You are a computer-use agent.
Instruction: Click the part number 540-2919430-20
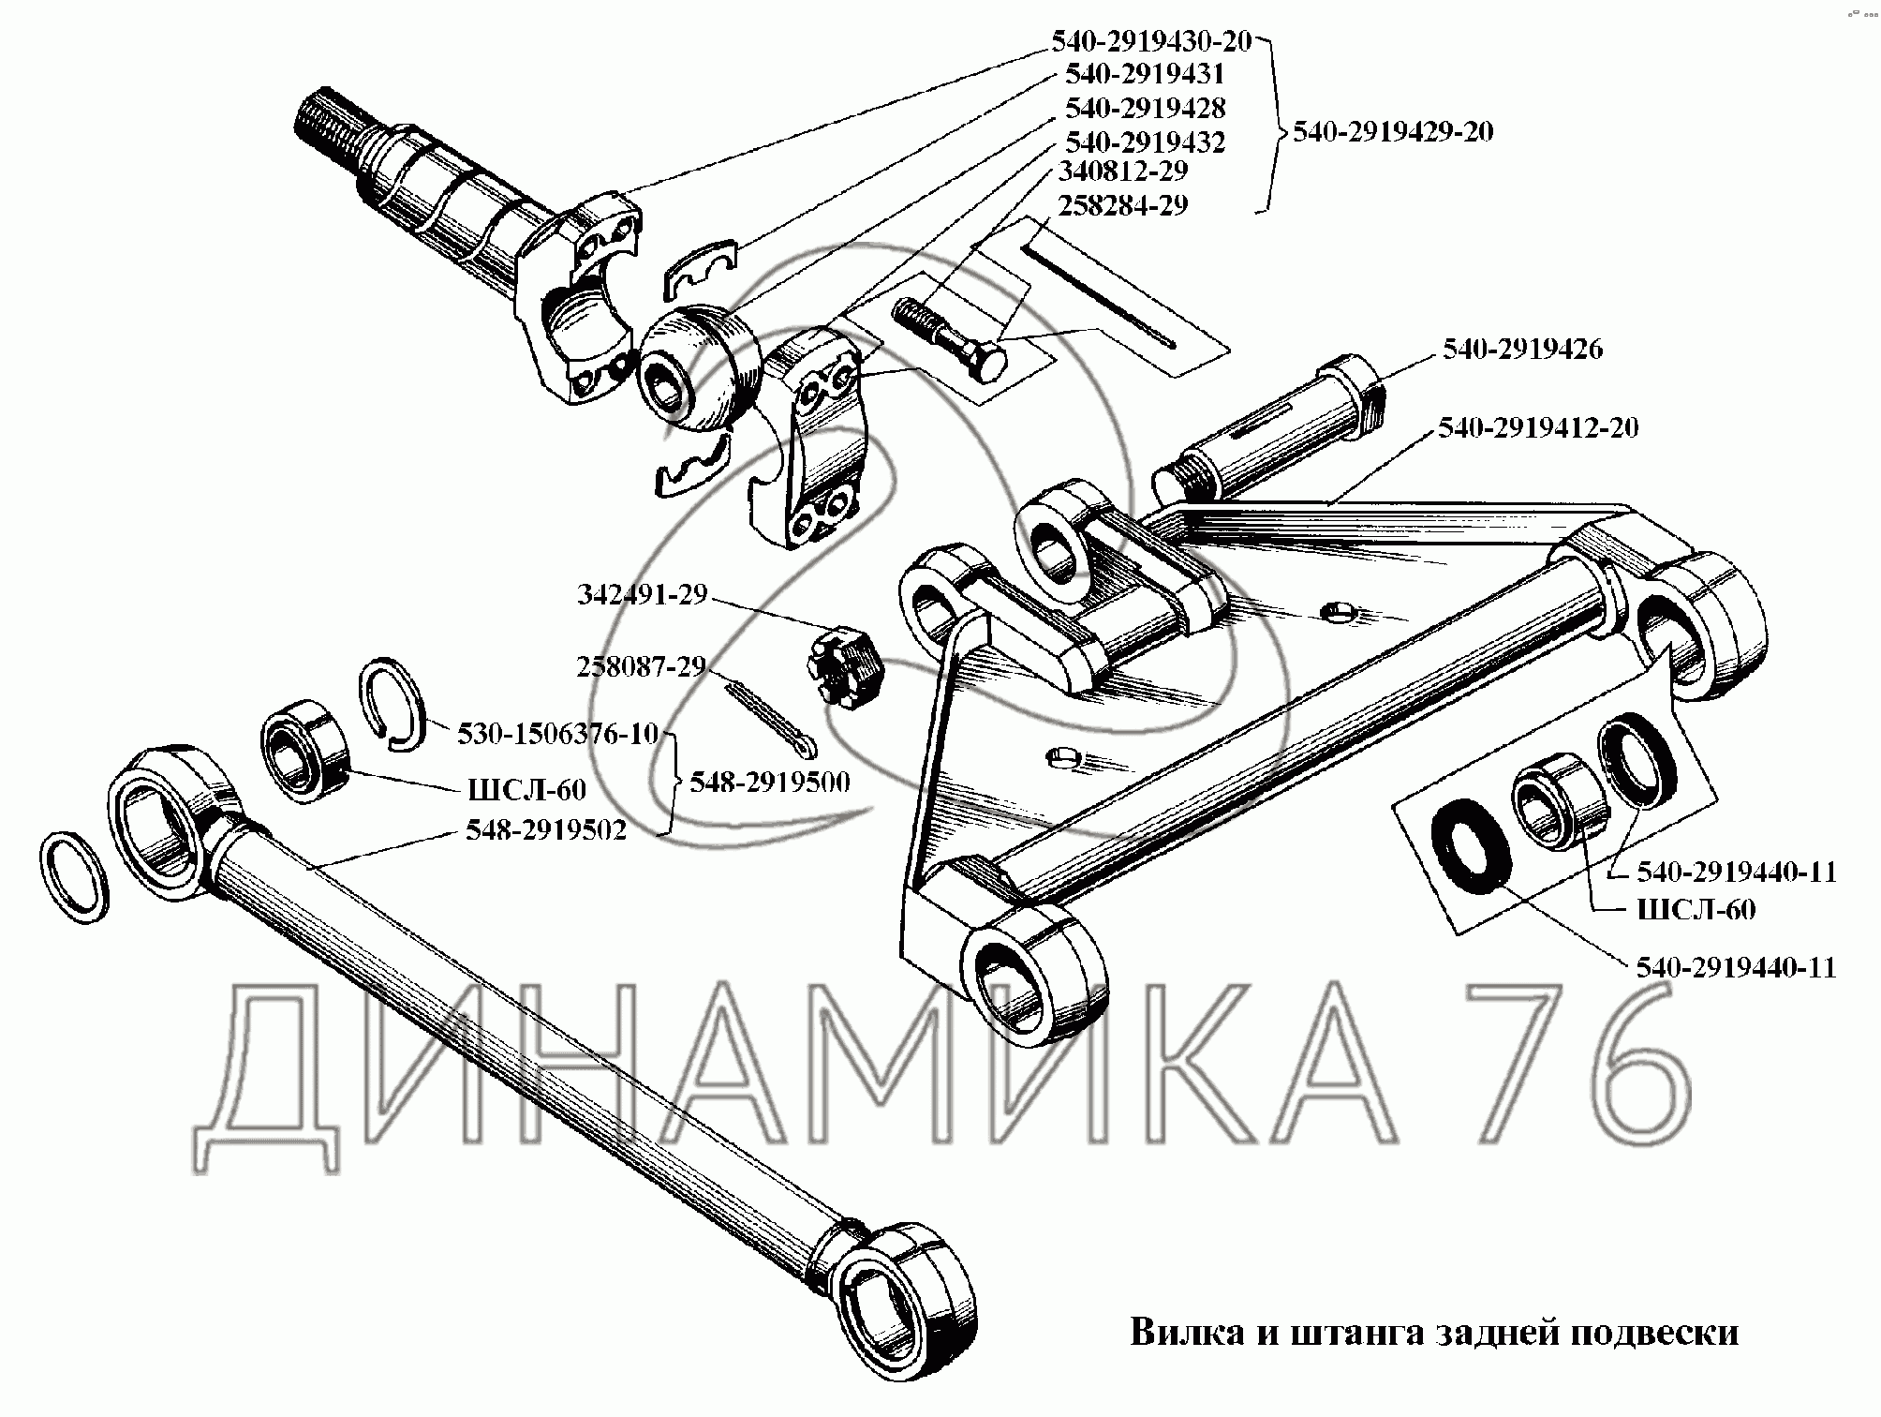tap(1150, 40)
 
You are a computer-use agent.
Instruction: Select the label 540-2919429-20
tap(1392, 131)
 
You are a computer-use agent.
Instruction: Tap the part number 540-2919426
tap(1522, 350)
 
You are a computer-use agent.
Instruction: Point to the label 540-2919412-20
tap(1538, 428)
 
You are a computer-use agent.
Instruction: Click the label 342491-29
tap(642, 595)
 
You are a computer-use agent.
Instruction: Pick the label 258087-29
tap(641, 666)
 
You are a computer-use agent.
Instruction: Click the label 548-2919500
tap(769, 783)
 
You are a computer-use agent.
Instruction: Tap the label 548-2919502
tap(546, 830)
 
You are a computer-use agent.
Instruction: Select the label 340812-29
tap(1122, 172)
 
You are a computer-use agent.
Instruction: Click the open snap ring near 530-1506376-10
tap(392, 704)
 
